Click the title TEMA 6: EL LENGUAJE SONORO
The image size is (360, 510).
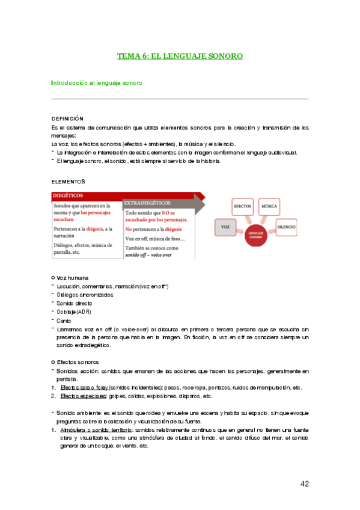point(180,56)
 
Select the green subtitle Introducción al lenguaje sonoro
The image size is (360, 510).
point(97,82)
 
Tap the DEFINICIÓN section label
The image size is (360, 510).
point(67,119)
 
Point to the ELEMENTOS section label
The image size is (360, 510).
point(69,181)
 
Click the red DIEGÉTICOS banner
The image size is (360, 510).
point(67,195)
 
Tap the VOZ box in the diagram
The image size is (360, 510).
point(225,227)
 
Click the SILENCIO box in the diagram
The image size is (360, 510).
point(287,227)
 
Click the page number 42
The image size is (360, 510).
point(305,484)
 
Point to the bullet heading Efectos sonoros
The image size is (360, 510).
point(78,362)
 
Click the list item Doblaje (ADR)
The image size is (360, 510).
point(74,312)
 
